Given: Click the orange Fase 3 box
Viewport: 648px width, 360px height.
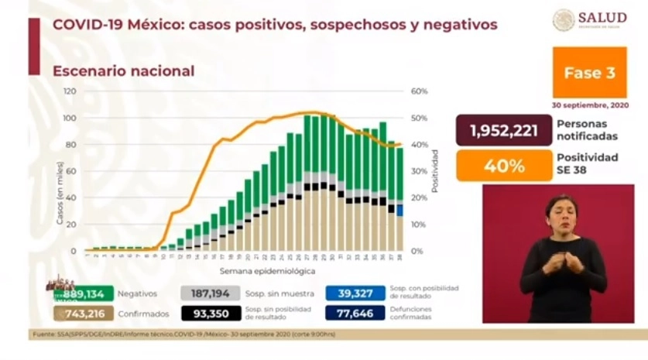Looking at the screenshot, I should [589, 73].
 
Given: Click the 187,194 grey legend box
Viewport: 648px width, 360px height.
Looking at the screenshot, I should [210, 293].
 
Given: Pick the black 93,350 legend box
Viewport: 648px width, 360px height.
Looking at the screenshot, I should [210, 313].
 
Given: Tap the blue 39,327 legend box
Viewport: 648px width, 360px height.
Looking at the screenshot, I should [356, 293].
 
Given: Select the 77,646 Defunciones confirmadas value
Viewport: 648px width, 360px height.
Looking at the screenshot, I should [356, 313].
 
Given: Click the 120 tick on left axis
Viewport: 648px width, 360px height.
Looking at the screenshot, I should [70, 91].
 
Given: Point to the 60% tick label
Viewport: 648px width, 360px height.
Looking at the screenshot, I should [419, 91].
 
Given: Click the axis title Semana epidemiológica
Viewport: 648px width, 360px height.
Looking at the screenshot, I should [256, 272].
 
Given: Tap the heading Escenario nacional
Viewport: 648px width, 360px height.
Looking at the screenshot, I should [123, 71].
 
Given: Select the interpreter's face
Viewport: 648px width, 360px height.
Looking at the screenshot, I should [561, 213].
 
